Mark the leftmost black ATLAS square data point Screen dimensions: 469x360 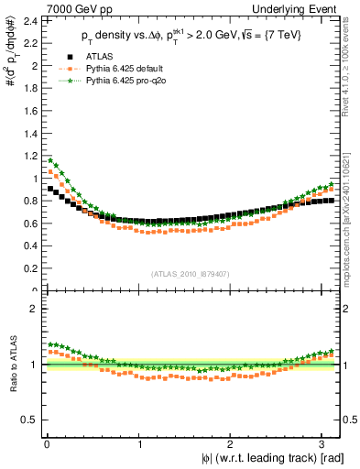[x=51, y=189]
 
